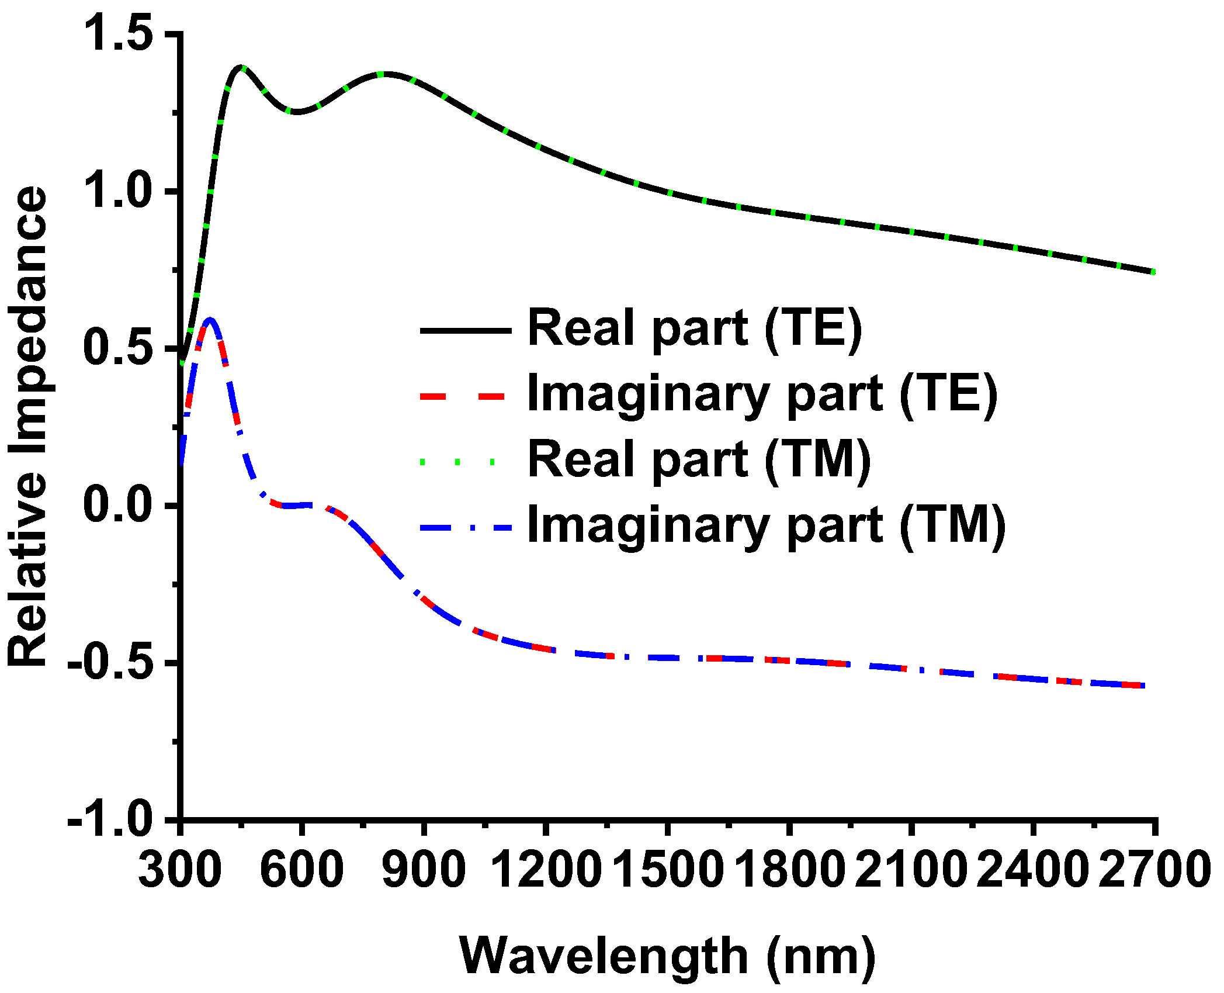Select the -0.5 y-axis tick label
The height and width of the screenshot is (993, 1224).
click(110, 662)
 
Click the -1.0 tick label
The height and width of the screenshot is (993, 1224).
click(110, 819)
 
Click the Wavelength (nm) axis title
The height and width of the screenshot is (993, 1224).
click(667, 956)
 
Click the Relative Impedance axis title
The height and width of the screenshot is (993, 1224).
click(28, 427)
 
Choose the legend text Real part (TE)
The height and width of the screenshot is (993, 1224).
click(694, 329)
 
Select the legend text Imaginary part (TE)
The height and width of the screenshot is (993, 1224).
click(762, 395)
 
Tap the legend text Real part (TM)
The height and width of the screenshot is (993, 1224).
click(699, 461)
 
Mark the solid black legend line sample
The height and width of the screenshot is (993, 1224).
click(466, 331)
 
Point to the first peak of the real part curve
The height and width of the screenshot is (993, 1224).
click(241, 67)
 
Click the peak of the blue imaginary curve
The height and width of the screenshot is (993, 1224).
click(210, 319)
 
